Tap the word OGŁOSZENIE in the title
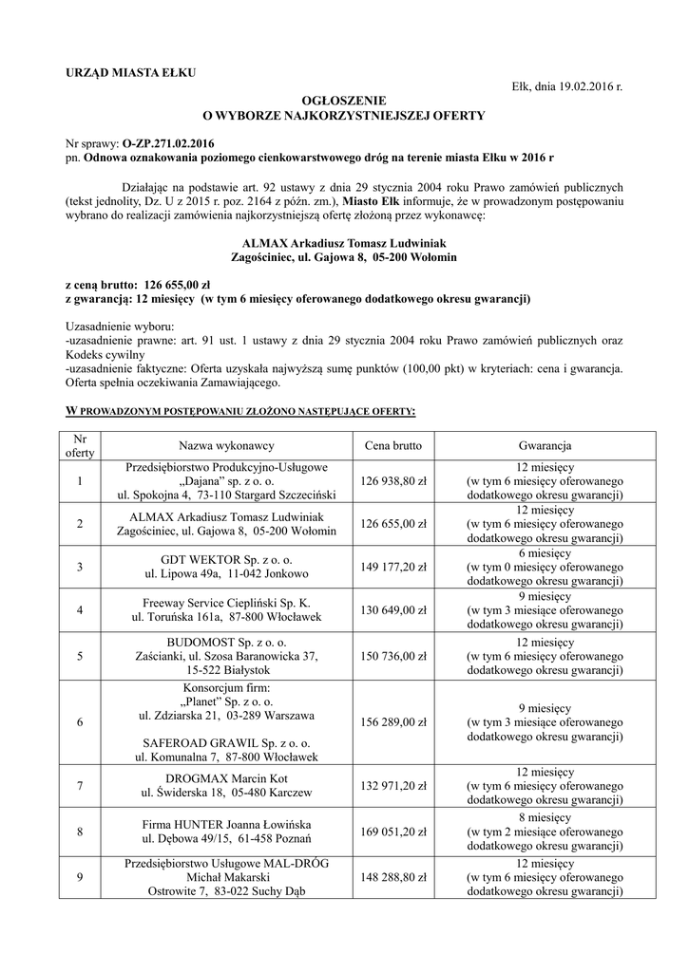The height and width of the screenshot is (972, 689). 344,100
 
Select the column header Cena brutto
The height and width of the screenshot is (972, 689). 393,445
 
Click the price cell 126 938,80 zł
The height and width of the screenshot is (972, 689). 393,481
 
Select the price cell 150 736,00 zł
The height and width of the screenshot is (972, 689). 393,655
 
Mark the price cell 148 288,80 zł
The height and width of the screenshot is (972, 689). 393,877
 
